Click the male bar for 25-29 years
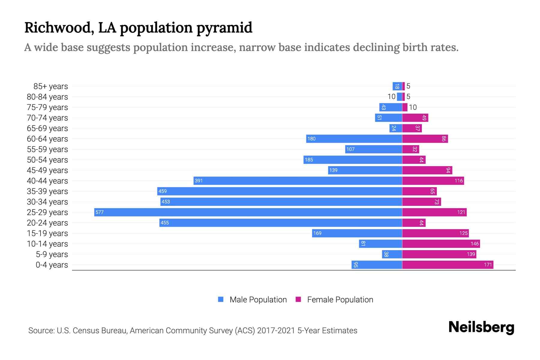click(x=248, y=212)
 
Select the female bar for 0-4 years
click(x=447, y=265)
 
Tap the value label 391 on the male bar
click(x=199, y=181)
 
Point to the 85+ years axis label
click(x=50, y=86)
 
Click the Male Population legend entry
click(x=252, y=299)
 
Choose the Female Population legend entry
click(x=334, y=299)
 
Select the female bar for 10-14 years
click(x=441, y=244)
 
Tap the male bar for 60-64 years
click(x=354, y=139)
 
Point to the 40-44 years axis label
click(x=47, y=181)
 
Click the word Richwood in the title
click(x=57, y=28)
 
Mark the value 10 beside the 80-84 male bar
click(x=391, y=97)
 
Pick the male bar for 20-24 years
click(x=280, y=223)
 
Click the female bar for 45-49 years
click(x=427, y=170)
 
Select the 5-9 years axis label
click(x=52, y=254)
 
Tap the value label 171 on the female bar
click(x=488, y=265)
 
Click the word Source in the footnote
click(x=41, y=331)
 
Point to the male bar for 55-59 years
click(x=373, y=149)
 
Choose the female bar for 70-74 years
click(x=415, y=118)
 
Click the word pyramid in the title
click(x=224, y=28)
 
